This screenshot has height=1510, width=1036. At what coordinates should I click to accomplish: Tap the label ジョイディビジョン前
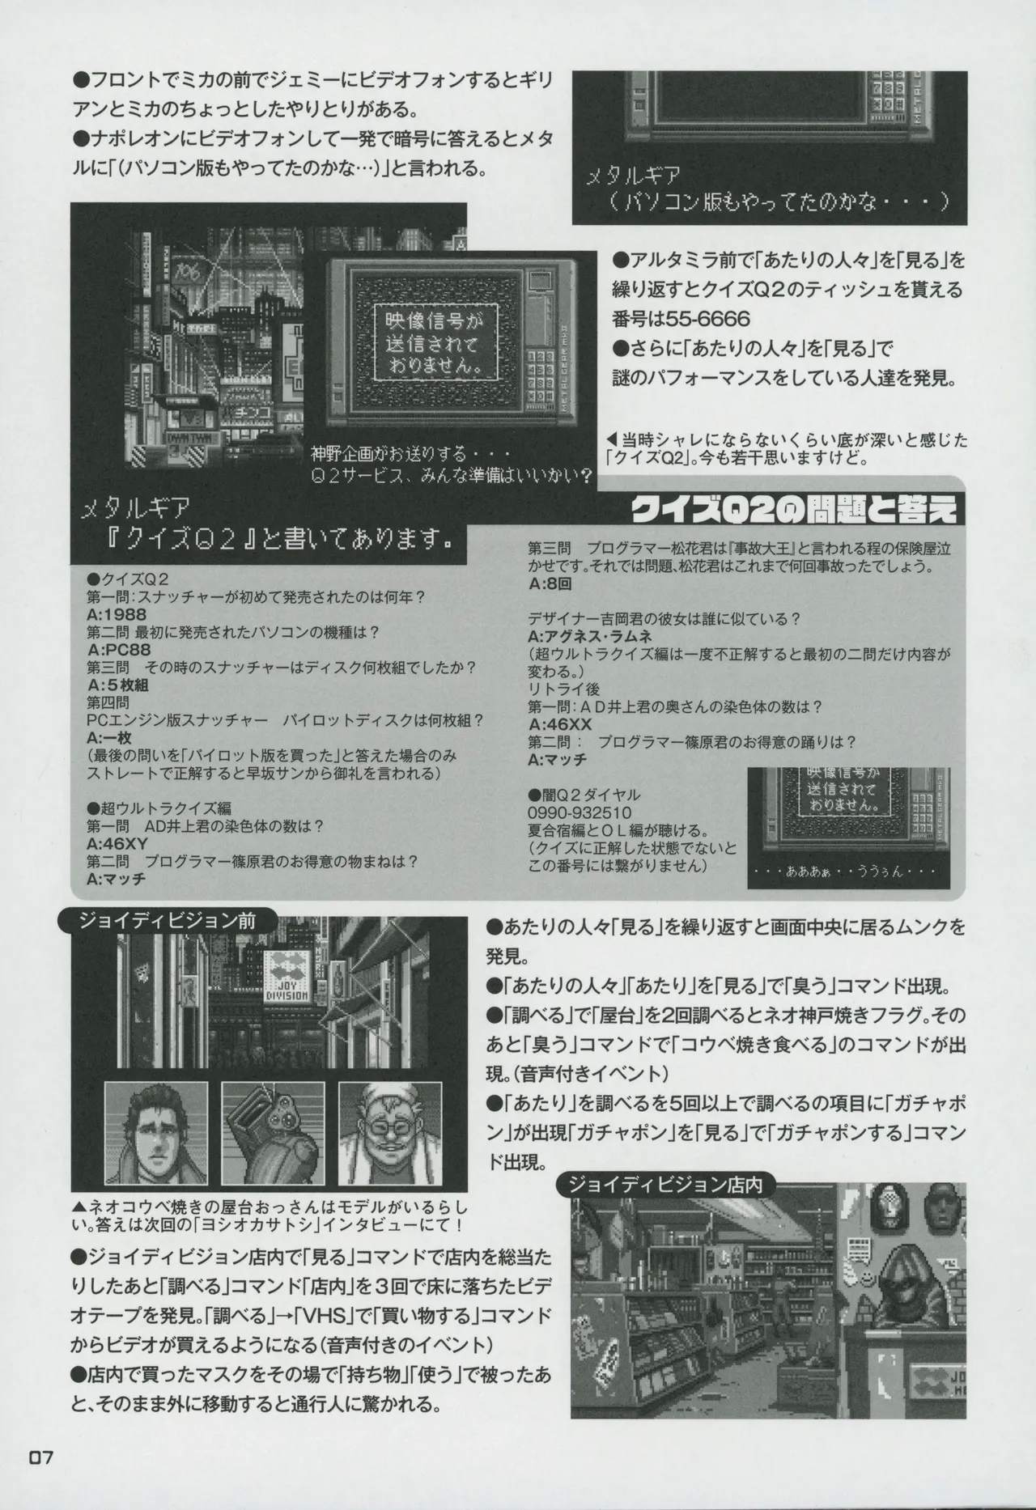pos(168,920)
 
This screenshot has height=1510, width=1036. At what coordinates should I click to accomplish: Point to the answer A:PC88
pos(118,649)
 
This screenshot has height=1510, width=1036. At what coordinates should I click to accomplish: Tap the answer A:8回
pos(550,583)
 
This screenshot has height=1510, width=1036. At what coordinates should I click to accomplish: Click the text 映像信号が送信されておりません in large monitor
pos(427,344)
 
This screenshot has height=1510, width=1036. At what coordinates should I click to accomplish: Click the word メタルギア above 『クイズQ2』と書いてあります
pos(136,507)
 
